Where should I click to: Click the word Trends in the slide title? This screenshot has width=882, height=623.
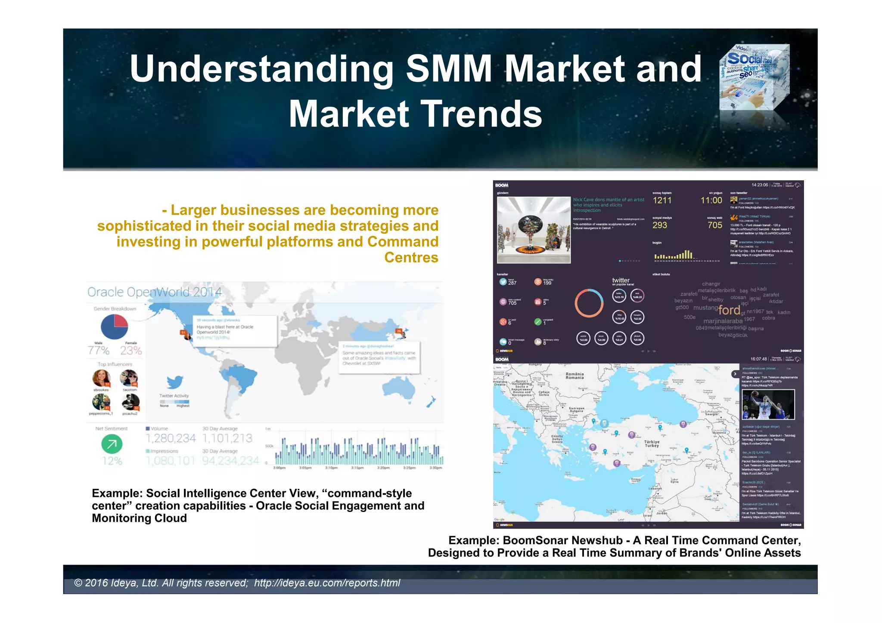pos(481,114)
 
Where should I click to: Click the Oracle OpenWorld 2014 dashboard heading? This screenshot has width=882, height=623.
pos(154,292)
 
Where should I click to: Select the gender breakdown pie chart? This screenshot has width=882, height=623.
pos(115,327)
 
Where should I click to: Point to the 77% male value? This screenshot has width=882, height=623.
pos(99,351)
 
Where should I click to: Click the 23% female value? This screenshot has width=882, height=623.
pos(131,351)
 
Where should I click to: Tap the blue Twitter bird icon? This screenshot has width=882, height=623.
pos(174,382)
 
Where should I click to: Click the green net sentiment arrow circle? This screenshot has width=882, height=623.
pos(112,444)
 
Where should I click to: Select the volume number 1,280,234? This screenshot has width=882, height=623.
pos(171,438)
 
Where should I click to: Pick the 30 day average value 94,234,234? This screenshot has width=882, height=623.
pos(230,461)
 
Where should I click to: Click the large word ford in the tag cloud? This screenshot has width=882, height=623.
pos(729,310)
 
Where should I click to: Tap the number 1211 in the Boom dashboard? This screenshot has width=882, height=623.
pos(662,200)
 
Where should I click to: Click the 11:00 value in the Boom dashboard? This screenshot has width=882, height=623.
pos(711,200)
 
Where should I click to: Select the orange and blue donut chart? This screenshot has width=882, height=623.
pos(589,303)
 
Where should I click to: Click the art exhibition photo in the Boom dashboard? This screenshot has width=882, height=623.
pos(534,230)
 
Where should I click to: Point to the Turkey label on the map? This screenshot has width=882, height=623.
pos(652,444)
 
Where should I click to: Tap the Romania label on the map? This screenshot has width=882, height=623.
pos(575,376)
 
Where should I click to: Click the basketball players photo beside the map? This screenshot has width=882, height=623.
pos(768,404)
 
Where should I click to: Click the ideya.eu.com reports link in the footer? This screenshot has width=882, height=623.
pos(327,583)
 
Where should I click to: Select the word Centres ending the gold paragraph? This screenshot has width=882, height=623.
pos(411,257)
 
